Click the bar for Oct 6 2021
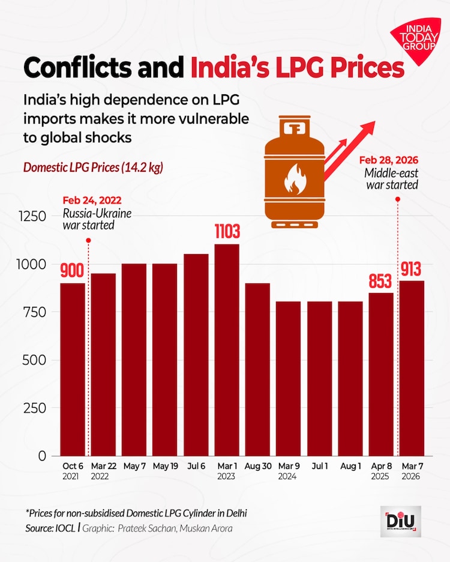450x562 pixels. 73,369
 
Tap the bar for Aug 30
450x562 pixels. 258,369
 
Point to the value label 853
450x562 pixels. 381,281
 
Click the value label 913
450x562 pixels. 412,269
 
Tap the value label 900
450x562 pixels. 72,271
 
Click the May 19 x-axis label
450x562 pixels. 165,467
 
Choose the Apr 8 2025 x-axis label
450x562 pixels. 381,471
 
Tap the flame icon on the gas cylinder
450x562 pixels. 295,178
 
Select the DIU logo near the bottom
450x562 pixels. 400,521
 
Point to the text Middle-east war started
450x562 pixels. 391,179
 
